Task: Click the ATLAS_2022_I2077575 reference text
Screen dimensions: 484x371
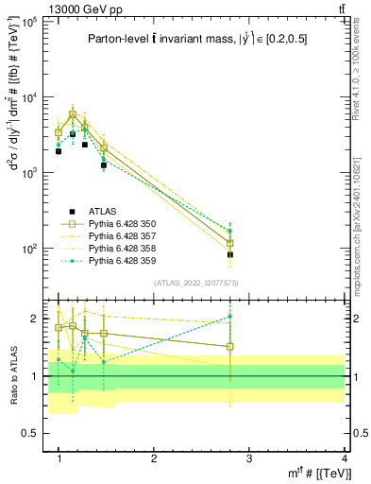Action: (x=195, y=284)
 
